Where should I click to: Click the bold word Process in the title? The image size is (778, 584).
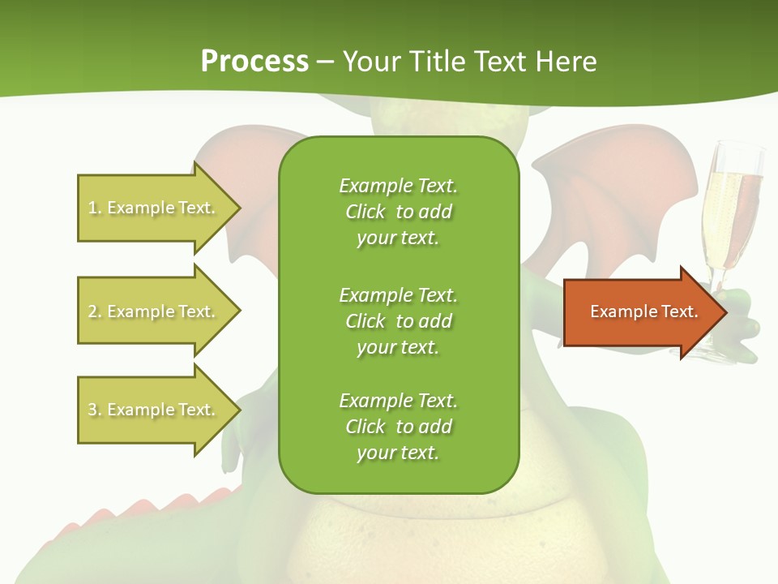254,62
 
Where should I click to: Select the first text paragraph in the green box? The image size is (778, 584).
398,212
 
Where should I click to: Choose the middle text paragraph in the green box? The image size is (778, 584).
398,321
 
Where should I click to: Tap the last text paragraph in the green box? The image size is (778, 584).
398,427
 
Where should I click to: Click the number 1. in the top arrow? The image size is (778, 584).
95,208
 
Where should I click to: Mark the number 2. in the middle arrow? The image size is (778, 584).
95,311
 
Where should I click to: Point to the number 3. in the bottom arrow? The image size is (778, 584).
95,410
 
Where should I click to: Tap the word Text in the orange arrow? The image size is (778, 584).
680,311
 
